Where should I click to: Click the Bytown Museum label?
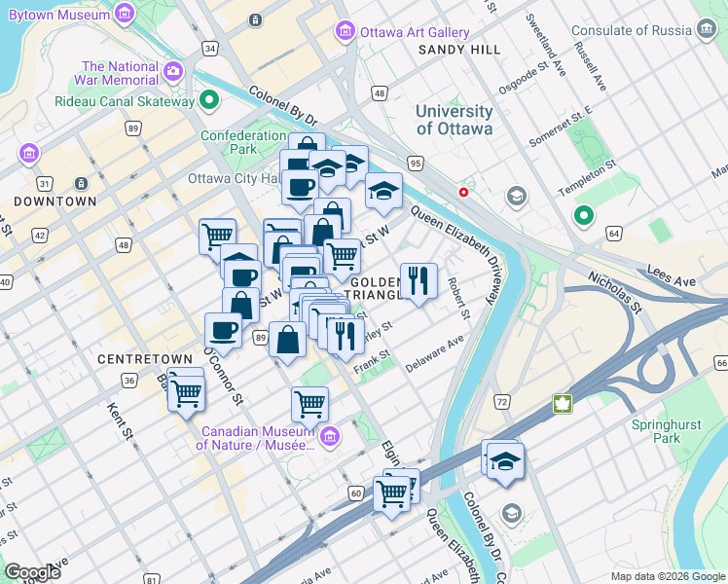coord(53,15)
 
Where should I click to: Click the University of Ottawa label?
coord(454,120)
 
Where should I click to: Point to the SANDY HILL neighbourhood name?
coord(459,50)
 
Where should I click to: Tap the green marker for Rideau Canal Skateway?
coord(209,100)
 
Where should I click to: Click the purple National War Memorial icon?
coord(174,71)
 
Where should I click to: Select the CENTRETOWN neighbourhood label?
coord(136,359)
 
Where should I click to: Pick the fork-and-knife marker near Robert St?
coord(419,281)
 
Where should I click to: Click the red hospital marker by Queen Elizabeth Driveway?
coord(464,192)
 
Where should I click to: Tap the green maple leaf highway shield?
coord(562,402)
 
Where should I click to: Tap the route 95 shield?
coord(416,163)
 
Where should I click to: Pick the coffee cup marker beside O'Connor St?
coord(224,330)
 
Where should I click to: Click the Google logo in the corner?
coord(32,572)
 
